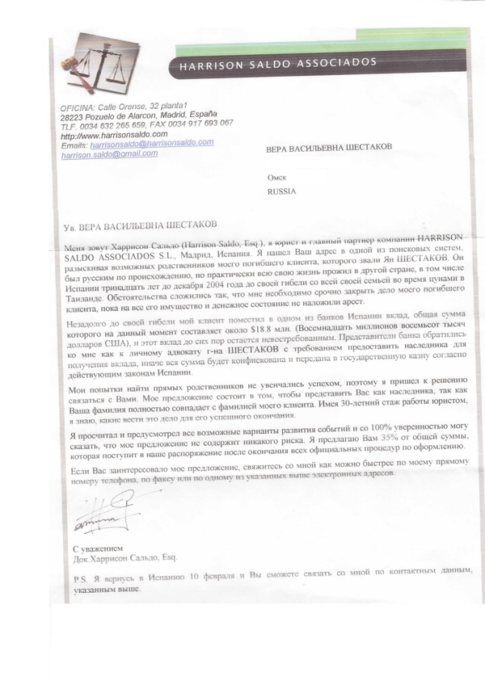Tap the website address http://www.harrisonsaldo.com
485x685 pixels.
coord(110,135)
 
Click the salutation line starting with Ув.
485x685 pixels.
coord(141,226)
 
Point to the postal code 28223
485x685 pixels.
coord(74,116)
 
